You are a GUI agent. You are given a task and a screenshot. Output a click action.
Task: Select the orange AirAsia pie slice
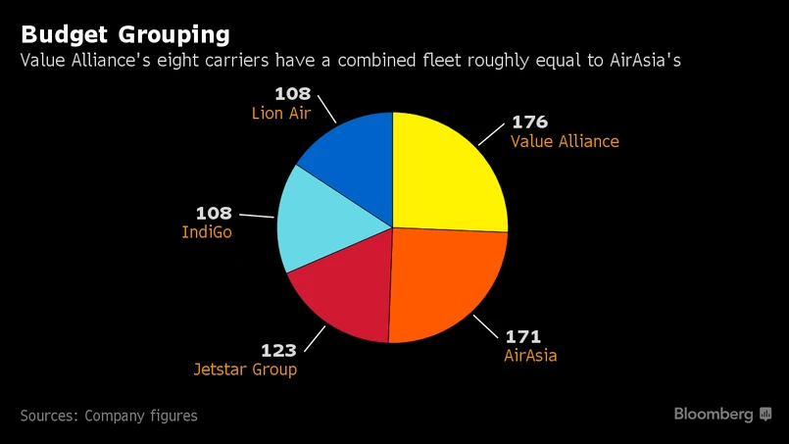point(446,284)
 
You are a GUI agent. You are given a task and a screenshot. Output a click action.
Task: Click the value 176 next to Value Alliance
point(529,123)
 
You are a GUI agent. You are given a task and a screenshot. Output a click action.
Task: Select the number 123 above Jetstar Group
point(277,350)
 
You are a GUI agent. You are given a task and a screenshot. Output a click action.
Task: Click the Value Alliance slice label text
point(565,141)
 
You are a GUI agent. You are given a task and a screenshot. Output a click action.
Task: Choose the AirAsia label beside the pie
point(529,356)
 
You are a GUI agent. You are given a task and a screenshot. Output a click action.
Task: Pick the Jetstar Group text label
point(245,370)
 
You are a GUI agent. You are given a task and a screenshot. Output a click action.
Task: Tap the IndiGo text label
point(207,232)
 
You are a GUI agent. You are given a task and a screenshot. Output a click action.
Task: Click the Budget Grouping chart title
point(124,34)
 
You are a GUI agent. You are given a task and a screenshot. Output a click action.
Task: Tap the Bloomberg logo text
point(714,415)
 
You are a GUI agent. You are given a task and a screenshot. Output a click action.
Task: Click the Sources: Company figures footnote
point(108,416)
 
